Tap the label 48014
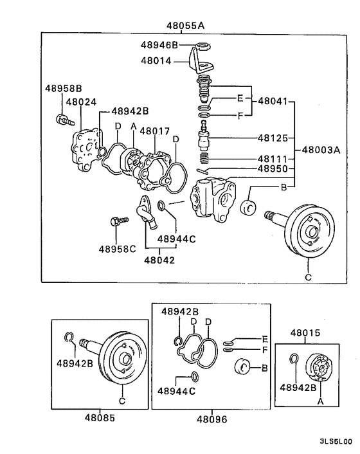click(x=156, y=61)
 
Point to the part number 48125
click(x=273, y=138)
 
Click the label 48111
click(x=273, y=158)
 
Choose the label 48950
click(x=273, y=168)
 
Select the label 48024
click(x=80, y=102)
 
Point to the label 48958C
click(x=116, y=248)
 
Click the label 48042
click(x=159, y=260)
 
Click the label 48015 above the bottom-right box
click(x=305, y=332)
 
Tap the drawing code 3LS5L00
click(x=335, y=442)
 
